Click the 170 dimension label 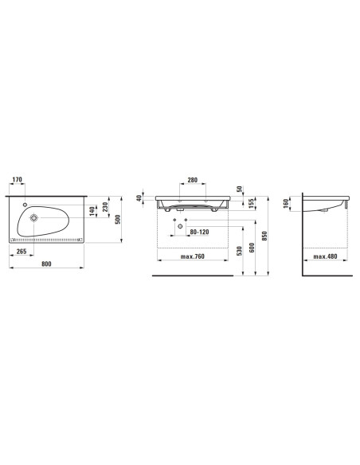click(x=18, y=179)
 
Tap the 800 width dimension click(x=46, y=264)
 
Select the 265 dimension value click(x=22, y=251)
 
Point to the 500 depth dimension click(x=118, y=219)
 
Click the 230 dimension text click(x=105, y=207)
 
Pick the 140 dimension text click(x=92, y=211)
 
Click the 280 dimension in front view click(x=193, y=180)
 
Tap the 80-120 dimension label click(x=199, y=232)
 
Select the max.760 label click(x=193, y=256)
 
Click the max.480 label click(x=325, y=256)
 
